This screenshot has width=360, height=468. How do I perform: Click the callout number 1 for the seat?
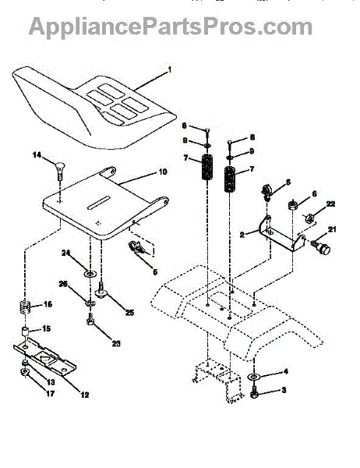pos(170,70)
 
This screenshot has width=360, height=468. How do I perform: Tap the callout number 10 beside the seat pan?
pos(163,172)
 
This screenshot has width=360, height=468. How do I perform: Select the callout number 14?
pos(37,155)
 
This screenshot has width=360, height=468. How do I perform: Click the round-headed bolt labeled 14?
pos(60,170)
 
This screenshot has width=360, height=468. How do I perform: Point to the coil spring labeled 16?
pos(25,307)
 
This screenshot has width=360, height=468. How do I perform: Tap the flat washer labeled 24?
pos(89,273)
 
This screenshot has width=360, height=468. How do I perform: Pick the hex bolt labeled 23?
pos(90,319)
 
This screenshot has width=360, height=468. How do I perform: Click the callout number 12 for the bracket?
pos(85,395)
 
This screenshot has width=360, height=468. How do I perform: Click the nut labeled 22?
pos(309,218)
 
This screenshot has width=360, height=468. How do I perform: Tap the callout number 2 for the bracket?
pos(242,235)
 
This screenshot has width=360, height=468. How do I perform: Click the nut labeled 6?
pos(292,205)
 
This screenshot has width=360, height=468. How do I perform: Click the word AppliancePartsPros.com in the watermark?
pos(171,27)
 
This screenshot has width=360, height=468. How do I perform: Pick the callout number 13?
pos(51,382)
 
